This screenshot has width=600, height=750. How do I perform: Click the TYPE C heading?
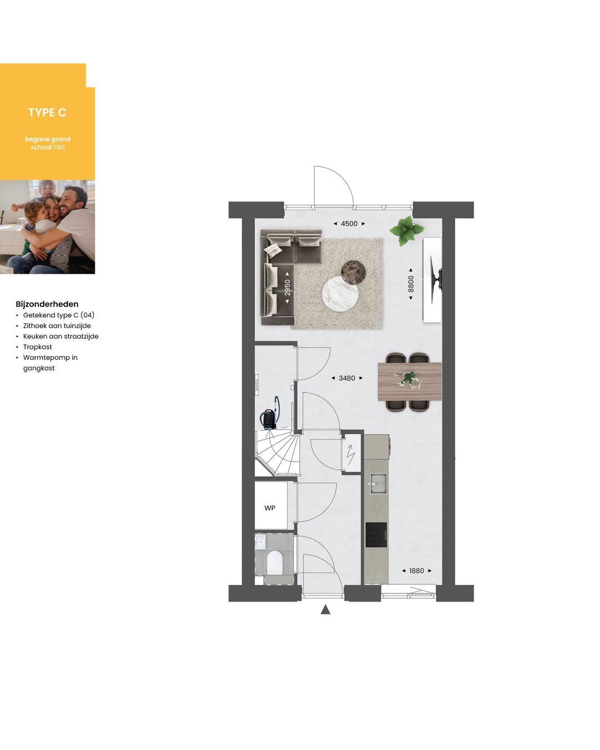point(47,112)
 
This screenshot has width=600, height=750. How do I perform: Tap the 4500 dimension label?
point(349,223)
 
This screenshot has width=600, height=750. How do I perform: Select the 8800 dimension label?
point(411,284)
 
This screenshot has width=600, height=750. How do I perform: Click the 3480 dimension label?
point(347,378)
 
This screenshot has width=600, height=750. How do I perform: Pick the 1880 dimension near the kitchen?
point(416,571)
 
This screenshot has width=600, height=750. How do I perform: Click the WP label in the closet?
point(270,508)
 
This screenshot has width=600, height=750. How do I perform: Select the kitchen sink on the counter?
point(378,483)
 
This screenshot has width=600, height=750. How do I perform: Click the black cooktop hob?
point(376,534)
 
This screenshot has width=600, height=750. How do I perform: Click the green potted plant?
point(407,229)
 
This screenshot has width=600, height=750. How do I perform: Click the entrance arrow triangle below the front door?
point(326,609)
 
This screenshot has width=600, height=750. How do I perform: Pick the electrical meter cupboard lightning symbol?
point(351,455)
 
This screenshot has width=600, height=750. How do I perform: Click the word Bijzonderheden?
point(47,304)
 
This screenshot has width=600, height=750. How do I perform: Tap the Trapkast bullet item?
point(37,347)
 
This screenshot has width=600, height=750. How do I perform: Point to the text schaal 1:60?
point(48,147)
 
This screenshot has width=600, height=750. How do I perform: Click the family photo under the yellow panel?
point(47,227)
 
